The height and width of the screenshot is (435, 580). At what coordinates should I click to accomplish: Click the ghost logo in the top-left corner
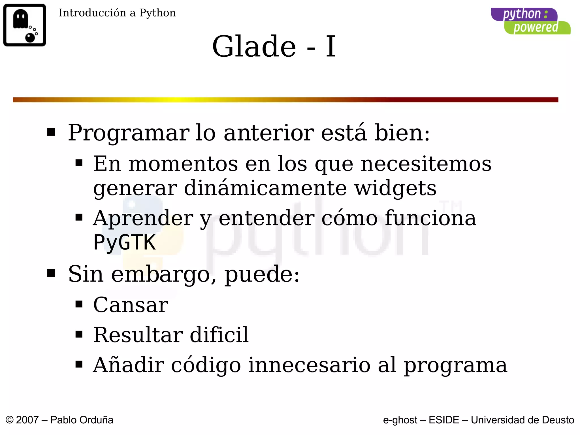coord(25,25)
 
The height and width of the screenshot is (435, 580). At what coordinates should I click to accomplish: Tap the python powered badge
coord(530,21)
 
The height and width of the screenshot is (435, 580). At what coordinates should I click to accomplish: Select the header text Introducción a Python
coord(117,13)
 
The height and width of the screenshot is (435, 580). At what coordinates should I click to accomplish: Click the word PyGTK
coord(125,242)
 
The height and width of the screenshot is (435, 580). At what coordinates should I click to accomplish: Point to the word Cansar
coord(131,305)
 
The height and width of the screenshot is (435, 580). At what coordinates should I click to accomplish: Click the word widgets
coord(395,188)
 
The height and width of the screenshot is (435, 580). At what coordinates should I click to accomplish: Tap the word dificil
coord(219,335)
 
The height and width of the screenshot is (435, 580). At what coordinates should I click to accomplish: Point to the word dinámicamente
coord(265,188)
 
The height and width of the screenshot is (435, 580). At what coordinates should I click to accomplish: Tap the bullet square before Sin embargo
coord(51,273)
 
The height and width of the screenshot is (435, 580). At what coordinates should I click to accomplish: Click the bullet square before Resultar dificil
coord(79,334)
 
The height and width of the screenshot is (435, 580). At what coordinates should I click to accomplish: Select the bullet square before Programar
coord(51,132)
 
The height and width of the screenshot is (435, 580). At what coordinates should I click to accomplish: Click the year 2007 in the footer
coord(27,420)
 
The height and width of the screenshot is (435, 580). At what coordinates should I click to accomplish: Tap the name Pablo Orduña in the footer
coord(82,420)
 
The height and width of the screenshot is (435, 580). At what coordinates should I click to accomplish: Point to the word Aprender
coord(143,218)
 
